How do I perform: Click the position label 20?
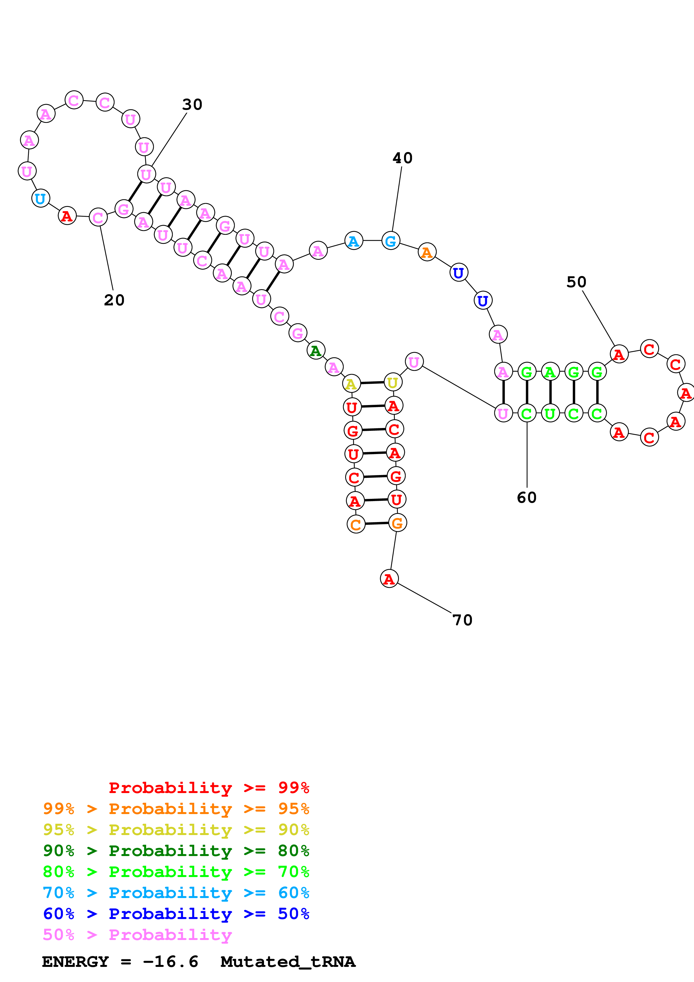(x=114, y=300)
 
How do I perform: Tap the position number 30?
(x=192, y=104)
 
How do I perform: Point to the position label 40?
(x=402, y=158)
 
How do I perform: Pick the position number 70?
(x=462, y=620)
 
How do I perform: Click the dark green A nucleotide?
(x=316, y=351)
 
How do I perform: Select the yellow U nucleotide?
(x=392, y=382)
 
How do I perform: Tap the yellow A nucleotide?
(x=351, y=384)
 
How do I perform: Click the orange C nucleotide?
(x=356, y=525)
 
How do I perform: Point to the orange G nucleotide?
(x=397, y=523)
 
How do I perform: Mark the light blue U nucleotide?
(x=40, y=198)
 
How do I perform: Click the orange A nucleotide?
(x=427, y=252)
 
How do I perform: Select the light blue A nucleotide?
(x=354, y=241)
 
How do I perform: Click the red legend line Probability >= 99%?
(x=209, y=788)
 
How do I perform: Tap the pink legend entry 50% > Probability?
(x=137, y=935)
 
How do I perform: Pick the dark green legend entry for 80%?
(x=176, y=851)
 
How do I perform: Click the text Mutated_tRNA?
(x=288, y=962)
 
